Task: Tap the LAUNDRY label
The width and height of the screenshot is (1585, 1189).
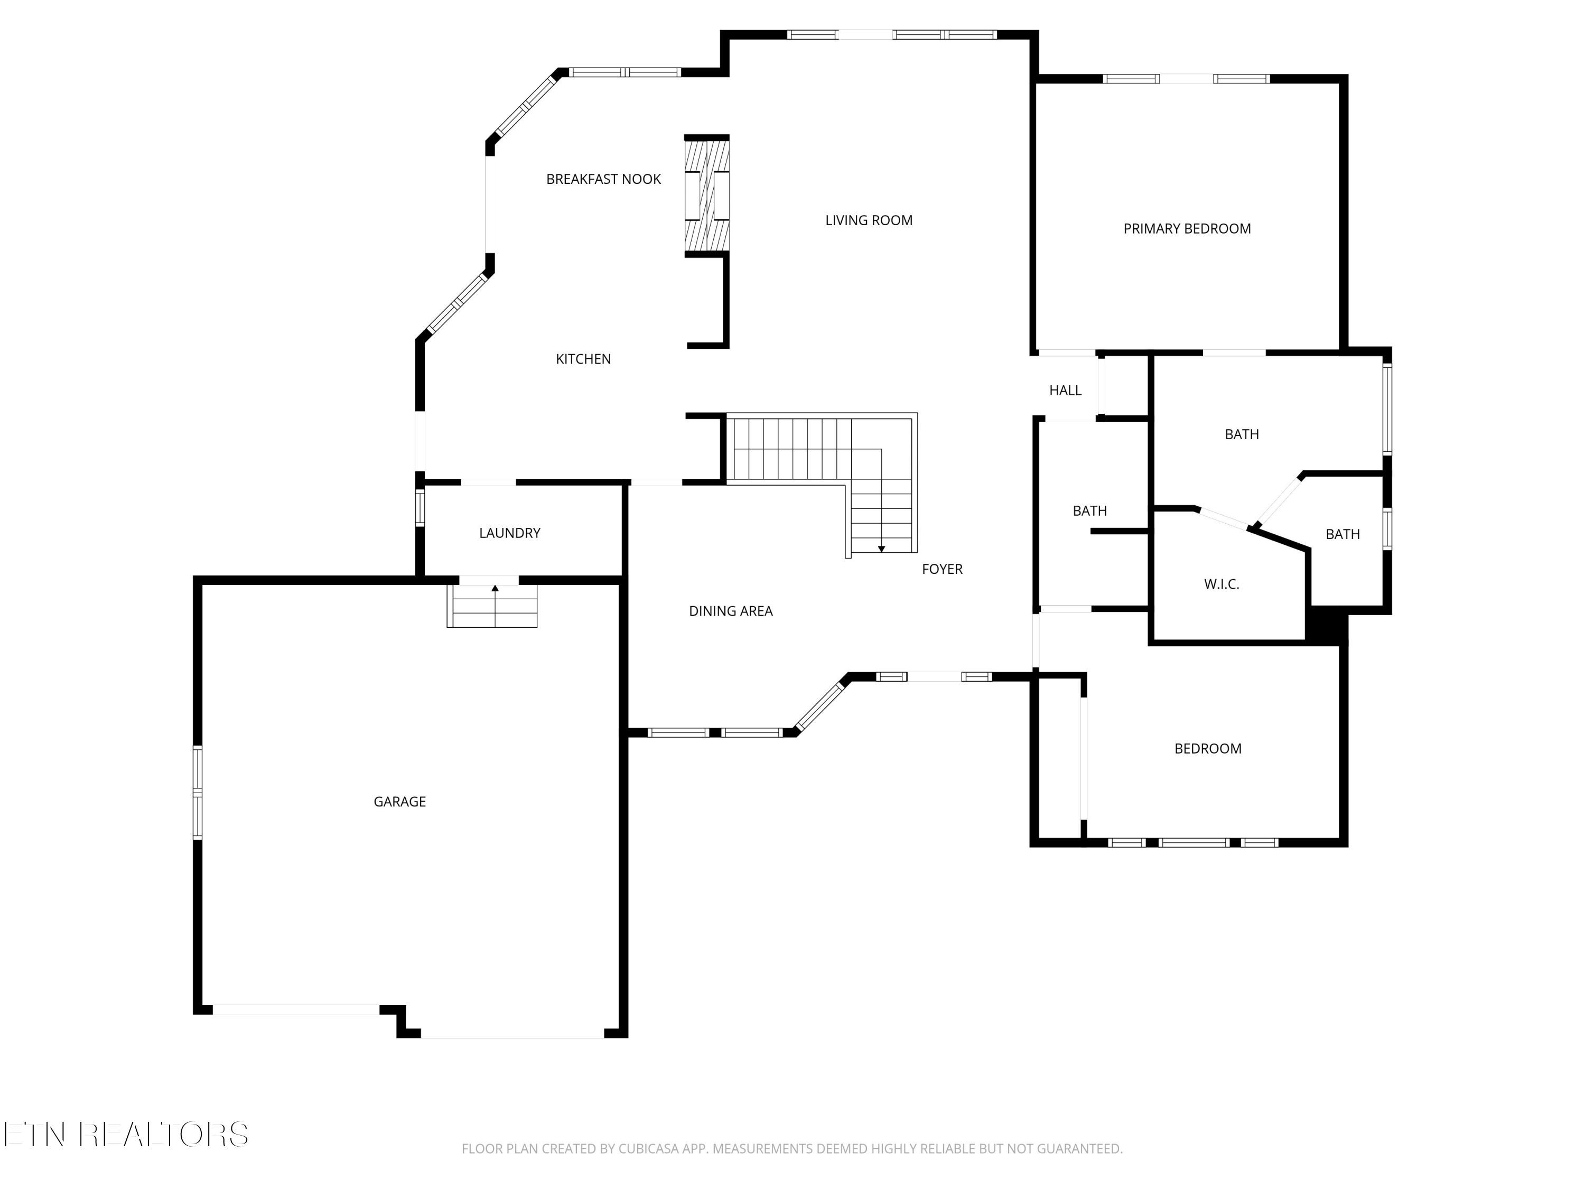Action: point(509,533)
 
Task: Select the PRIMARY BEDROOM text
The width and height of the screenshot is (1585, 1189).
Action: point(1187,229)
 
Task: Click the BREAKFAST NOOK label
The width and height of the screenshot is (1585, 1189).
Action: point(603,179)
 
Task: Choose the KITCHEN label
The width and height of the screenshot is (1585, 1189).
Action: point(583,359)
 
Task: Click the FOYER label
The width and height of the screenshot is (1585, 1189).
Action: point(941,569)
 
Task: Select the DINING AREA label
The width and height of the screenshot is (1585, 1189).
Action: point(730,611)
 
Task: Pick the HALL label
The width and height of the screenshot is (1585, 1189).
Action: point(1065,391)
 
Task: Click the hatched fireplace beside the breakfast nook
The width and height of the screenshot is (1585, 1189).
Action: point(706,195)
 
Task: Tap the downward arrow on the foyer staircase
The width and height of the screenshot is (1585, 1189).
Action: point(881,549)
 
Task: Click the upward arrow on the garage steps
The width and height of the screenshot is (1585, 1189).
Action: point(495,588)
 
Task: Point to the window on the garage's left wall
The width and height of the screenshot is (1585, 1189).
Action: point(198,792)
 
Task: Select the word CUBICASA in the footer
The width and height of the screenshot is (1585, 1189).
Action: point(648,1149)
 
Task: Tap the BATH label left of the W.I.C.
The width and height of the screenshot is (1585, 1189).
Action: point(1089,511)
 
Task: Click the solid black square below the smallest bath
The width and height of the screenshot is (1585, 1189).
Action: point(1326,625)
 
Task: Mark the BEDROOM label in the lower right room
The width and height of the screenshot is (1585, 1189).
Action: point(1207,749)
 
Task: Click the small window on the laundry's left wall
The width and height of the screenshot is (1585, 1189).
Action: point(420,507)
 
